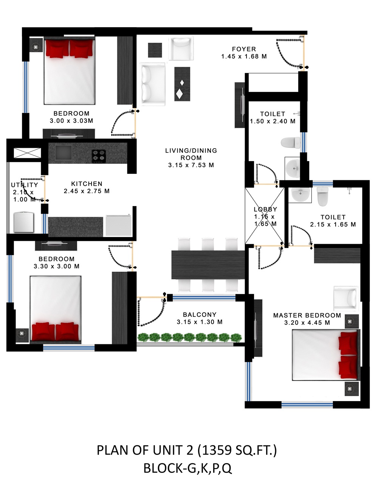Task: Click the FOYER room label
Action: [x=244, y=49]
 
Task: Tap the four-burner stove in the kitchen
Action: [x=99, y=155]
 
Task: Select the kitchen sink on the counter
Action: [x=64, y=153]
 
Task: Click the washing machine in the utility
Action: [x=24, y=222]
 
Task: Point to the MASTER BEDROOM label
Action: [x=307, y=315]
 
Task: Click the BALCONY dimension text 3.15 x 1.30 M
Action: [x=200, y=322]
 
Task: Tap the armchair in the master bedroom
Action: [x=346, y=299]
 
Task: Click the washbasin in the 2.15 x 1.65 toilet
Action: [x=300, y=195]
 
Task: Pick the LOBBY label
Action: [x=265, y=209]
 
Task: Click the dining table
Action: [x=208, y=265]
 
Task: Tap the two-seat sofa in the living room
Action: [x=152, y=84]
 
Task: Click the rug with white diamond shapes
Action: [x=182, y=84]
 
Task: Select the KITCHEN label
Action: [x=87, y=184]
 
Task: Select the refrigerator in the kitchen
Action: [x=119, y=225]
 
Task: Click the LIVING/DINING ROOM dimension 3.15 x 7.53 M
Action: [x=191, y=165]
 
